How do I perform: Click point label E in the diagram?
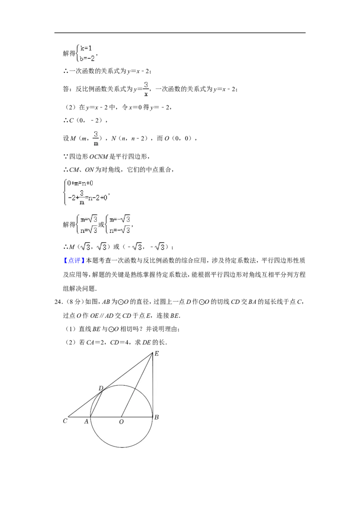click(x=157, y=353)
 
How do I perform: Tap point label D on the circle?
click(x=101, y=388)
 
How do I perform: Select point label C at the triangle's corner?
click(x=65, y=421)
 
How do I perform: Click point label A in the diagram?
click(x=86, y=421)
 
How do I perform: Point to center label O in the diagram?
click(x=121, y=422)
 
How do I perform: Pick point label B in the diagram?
click(x=157, y=417)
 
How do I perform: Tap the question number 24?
click(x=58, y=302)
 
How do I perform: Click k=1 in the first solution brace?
click(x=86, y=48)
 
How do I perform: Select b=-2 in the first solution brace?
click(x=87, y=58)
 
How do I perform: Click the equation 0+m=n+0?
click(x=80, y=183)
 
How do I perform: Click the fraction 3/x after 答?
click(x=146, y=89)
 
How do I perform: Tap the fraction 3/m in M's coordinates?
click(x=96, y=138)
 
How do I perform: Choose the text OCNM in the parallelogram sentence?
click(x=99, y=156)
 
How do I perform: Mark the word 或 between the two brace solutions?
click(x=101, y=224)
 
